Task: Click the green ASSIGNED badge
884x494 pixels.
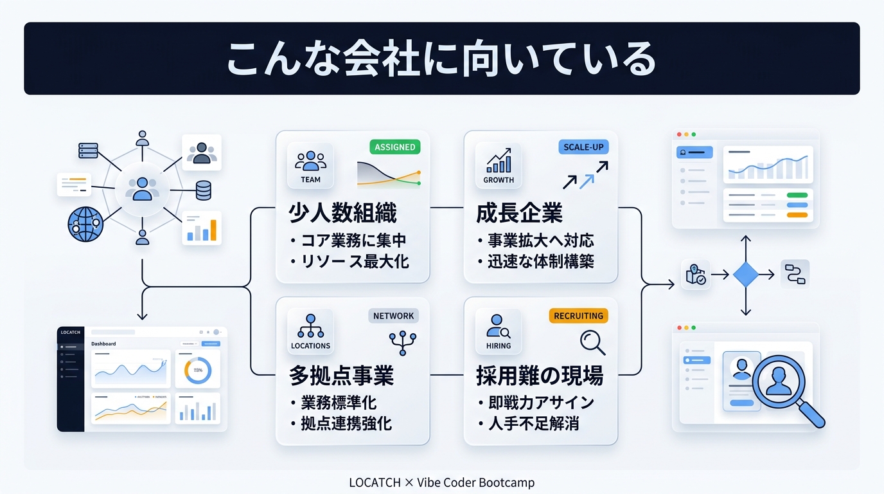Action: [394, 147]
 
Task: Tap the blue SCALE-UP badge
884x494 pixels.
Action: [583, 147]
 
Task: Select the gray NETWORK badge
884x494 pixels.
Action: [393, 316]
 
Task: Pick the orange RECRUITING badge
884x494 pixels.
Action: [578, 316]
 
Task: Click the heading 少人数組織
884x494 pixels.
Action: [342, 213]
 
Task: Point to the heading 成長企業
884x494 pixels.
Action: [519, 213]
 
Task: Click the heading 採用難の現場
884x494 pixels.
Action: [540, 376]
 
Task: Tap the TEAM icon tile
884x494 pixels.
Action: [310, 165]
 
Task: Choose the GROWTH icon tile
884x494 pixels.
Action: [499, 165]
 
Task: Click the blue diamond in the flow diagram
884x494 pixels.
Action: [745, 275]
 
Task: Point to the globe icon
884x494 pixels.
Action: [85, 223]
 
